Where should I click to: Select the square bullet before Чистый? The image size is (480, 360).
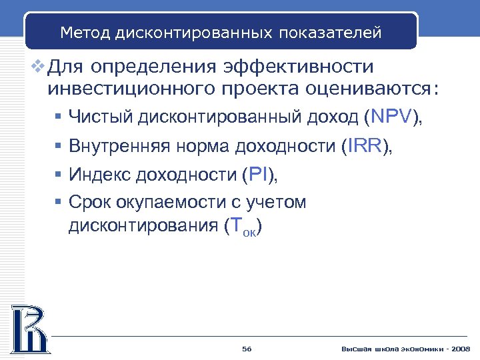[59, 118]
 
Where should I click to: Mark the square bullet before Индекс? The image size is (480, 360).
[59, 175]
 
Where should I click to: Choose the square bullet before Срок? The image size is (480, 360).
[59, 202]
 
